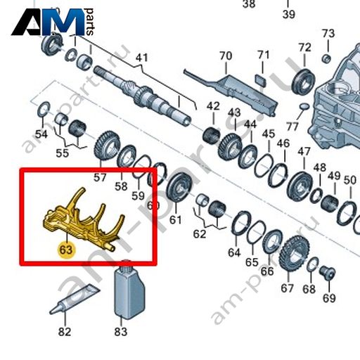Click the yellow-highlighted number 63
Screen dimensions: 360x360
pos(66,250)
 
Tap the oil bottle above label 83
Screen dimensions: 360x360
pos(129,290)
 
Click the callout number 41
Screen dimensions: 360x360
pos(142,58)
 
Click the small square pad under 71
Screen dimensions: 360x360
pos(261,79)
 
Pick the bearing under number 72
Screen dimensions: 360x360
pos(304,82)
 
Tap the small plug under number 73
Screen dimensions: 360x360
pos(326,58)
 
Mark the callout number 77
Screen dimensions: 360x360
pos(293,127)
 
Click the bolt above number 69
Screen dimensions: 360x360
pos(327,273)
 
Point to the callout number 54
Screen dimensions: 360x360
pos(41,134)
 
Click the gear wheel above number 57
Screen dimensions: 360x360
pos(108,146)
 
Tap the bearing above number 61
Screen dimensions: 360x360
pos(181,188)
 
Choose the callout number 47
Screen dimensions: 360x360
pos(304,151)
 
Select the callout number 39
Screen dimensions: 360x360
pos(288,15)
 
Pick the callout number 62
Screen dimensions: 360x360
pos(200,234)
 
